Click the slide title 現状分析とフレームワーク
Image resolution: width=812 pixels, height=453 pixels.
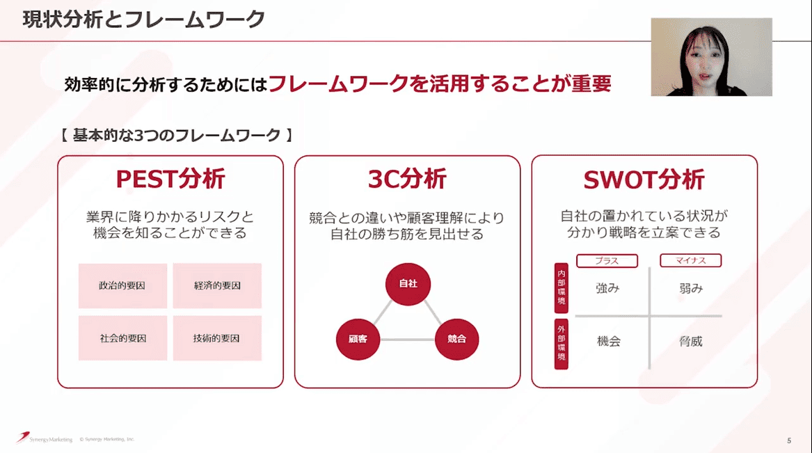click(x=143, y=19)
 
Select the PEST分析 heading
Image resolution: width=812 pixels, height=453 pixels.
click(x=170, y=180)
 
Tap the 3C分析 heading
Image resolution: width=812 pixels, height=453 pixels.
click(x=407, y=180)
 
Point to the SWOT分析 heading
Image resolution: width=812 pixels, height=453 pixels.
click(x=644, y=180)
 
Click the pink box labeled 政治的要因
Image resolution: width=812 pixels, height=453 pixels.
click(x=122, y=285)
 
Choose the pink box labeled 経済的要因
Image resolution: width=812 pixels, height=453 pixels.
click(x=217, y=285)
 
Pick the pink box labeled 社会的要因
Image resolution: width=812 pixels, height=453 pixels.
click(x=122, y=338)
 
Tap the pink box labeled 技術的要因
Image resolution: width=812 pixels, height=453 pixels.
click(x=217, y=338)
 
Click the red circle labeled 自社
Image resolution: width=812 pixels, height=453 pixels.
click(x=408, y=284)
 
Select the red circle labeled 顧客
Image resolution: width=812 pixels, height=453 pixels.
click(x=358, y=339)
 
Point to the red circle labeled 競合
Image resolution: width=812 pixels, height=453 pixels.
click(x=457, y=339)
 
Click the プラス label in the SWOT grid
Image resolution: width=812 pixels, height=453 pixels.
click(x=607, y=261)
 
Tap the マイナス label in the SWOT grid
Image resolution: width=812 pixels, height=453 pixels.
click(x=690, y=261)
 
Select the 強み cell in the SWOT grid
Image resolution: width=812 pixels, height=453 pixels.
click(x=607, y=288)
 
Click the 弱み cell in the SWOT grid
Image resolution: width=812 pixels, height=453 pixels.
click(x=691, y=288)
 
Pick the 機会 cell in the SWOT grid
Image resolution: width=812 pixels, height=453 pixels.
click(x=608, y=342)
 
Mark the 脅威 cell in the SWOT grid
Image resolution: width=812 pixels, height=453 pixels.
click(x=691, y=342)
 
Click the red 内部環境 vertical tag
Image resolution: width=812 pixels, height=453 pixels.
click(x=561, y=288)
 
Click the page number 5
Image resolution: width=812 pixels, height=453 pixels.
click(x=789, y=440)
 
